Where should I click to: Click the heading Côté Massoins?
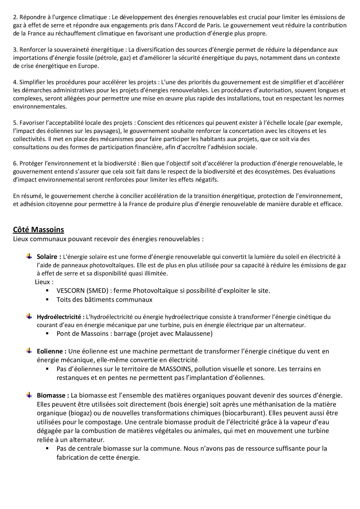pos(38,230)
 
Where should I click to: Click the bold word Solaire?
pos(47,257)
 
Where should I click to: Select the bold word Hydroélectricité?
pos(59,317)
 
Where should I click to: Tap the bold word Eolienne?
pos(50,351)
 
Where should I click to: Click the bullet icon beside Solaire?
pos(29,256)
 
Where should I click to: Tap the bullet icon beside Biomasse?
pos(29,395)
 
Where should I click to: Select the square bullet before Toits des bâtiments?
pos(47,299)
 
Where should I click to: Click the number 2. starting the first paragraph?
pos(15,17)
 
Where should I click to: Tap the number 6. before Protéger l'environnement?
pos(15,163)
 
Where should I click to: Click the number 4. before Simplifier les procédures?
pos(15,82)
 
